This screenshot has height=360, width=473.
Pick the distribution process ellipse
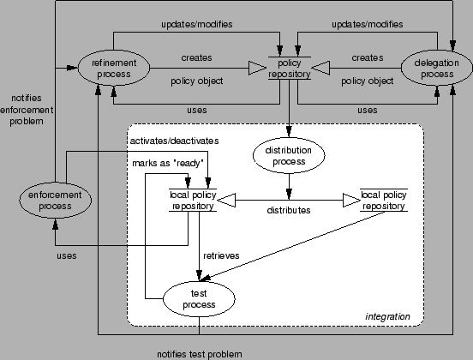point(289,155)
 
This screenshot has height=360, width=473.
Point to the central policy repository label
point(289,69)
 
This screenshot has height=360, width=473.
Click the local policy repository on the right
point(382,200)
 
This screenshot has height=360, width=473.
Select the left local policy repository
point(193,200)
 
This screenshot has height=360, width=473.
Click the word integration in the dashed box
point(386,318)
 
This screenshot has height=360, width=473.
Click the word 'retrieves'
point(221,255)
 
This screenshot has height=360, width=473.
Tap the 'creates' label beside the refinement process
point(195,57)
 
